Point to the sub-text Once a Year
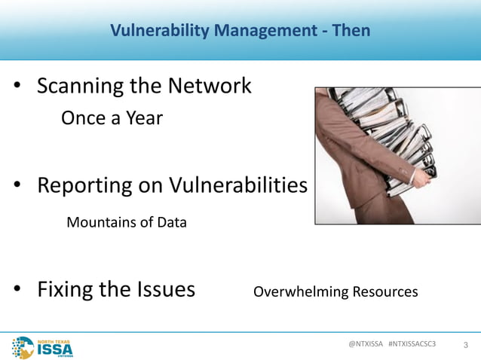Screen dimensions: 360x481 tap(112, 118)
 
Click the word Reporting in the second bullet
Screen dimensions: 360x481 tap(85, 185)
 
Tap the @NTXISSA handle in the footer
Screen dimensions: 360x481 tap(365, 343)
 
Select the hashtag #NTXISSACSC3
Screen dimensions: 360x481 tap(412, 343)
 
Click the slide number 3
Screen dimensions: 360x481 tap(465, 345)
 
